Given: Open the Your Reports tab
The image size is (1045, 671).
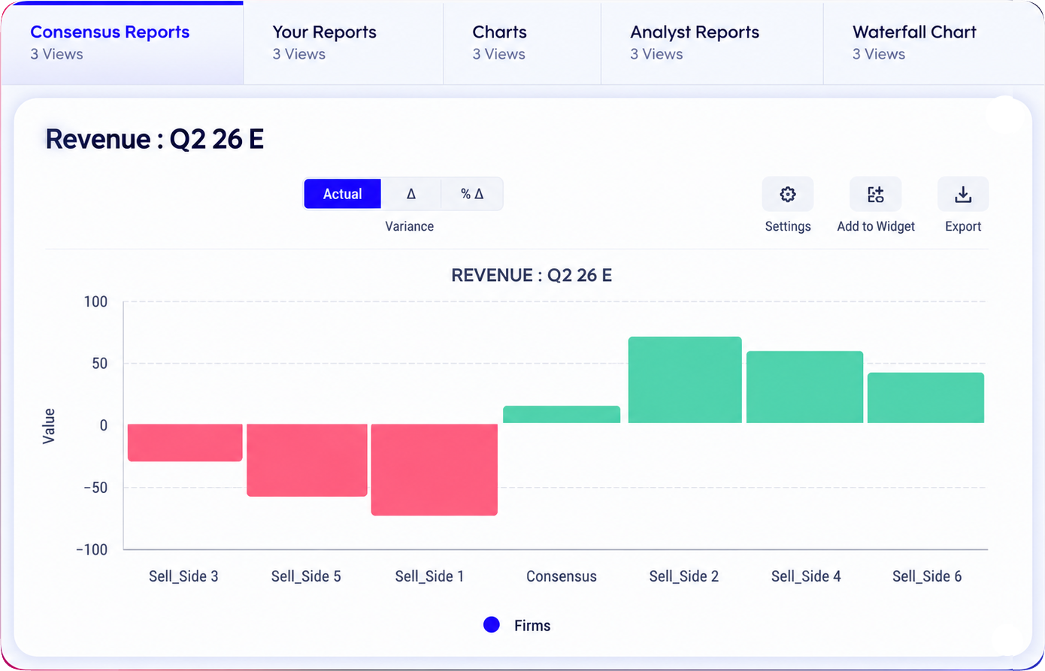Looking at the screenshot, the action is coord(343,43).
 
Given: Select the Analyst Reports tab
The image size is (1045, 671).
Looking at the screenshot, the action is coord(712,43).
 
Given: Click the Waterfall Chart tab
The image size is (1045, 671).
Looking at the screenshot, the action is coord(932,43).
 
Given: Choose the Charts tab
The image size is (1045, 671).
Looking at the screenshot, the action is coord(522,43).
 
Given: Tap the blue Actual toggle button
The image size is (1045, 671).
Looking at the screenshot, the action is coord(342,194).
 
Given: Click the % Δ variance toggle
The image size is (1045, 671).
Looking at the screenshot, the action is coord(471,194).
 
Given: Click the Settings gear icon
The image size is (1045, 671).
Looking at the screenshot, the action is coord(787,194).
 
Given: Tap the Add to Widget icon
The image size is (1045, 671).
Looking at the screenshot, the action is coord(875,194).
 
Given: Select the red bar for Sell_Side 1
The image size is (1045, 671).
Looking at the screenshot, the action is coord(435,470).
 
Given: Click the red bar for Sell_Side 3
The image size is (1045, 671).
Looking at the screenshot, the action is coord(185,443).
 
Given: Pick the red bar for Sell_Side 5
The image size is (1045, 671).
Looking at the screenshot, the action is coord(307,460).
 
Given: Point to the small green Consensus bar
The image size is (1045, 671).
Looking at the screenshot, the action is coord(562,415).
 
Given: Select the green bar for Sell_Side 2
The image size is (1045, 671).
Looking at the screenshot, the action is coord(685,380).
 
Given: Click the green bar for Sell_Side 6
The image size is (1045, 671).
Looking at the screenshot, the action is coord(926,397).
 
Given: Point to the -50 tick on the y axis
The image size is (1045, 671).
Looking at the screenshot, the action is coord(95,488).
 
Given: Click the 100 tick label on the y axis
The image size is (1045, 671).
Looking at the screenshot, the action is coord(95,302).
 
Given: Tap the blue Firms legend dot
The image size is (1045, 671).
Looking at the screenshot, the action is coord(492,625).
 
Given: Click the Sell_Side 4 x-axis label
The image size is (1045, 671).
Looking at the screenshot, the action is coord(806,576).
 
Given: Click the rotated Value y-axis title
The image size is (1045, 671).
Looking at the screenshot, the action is coord(49,426).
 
